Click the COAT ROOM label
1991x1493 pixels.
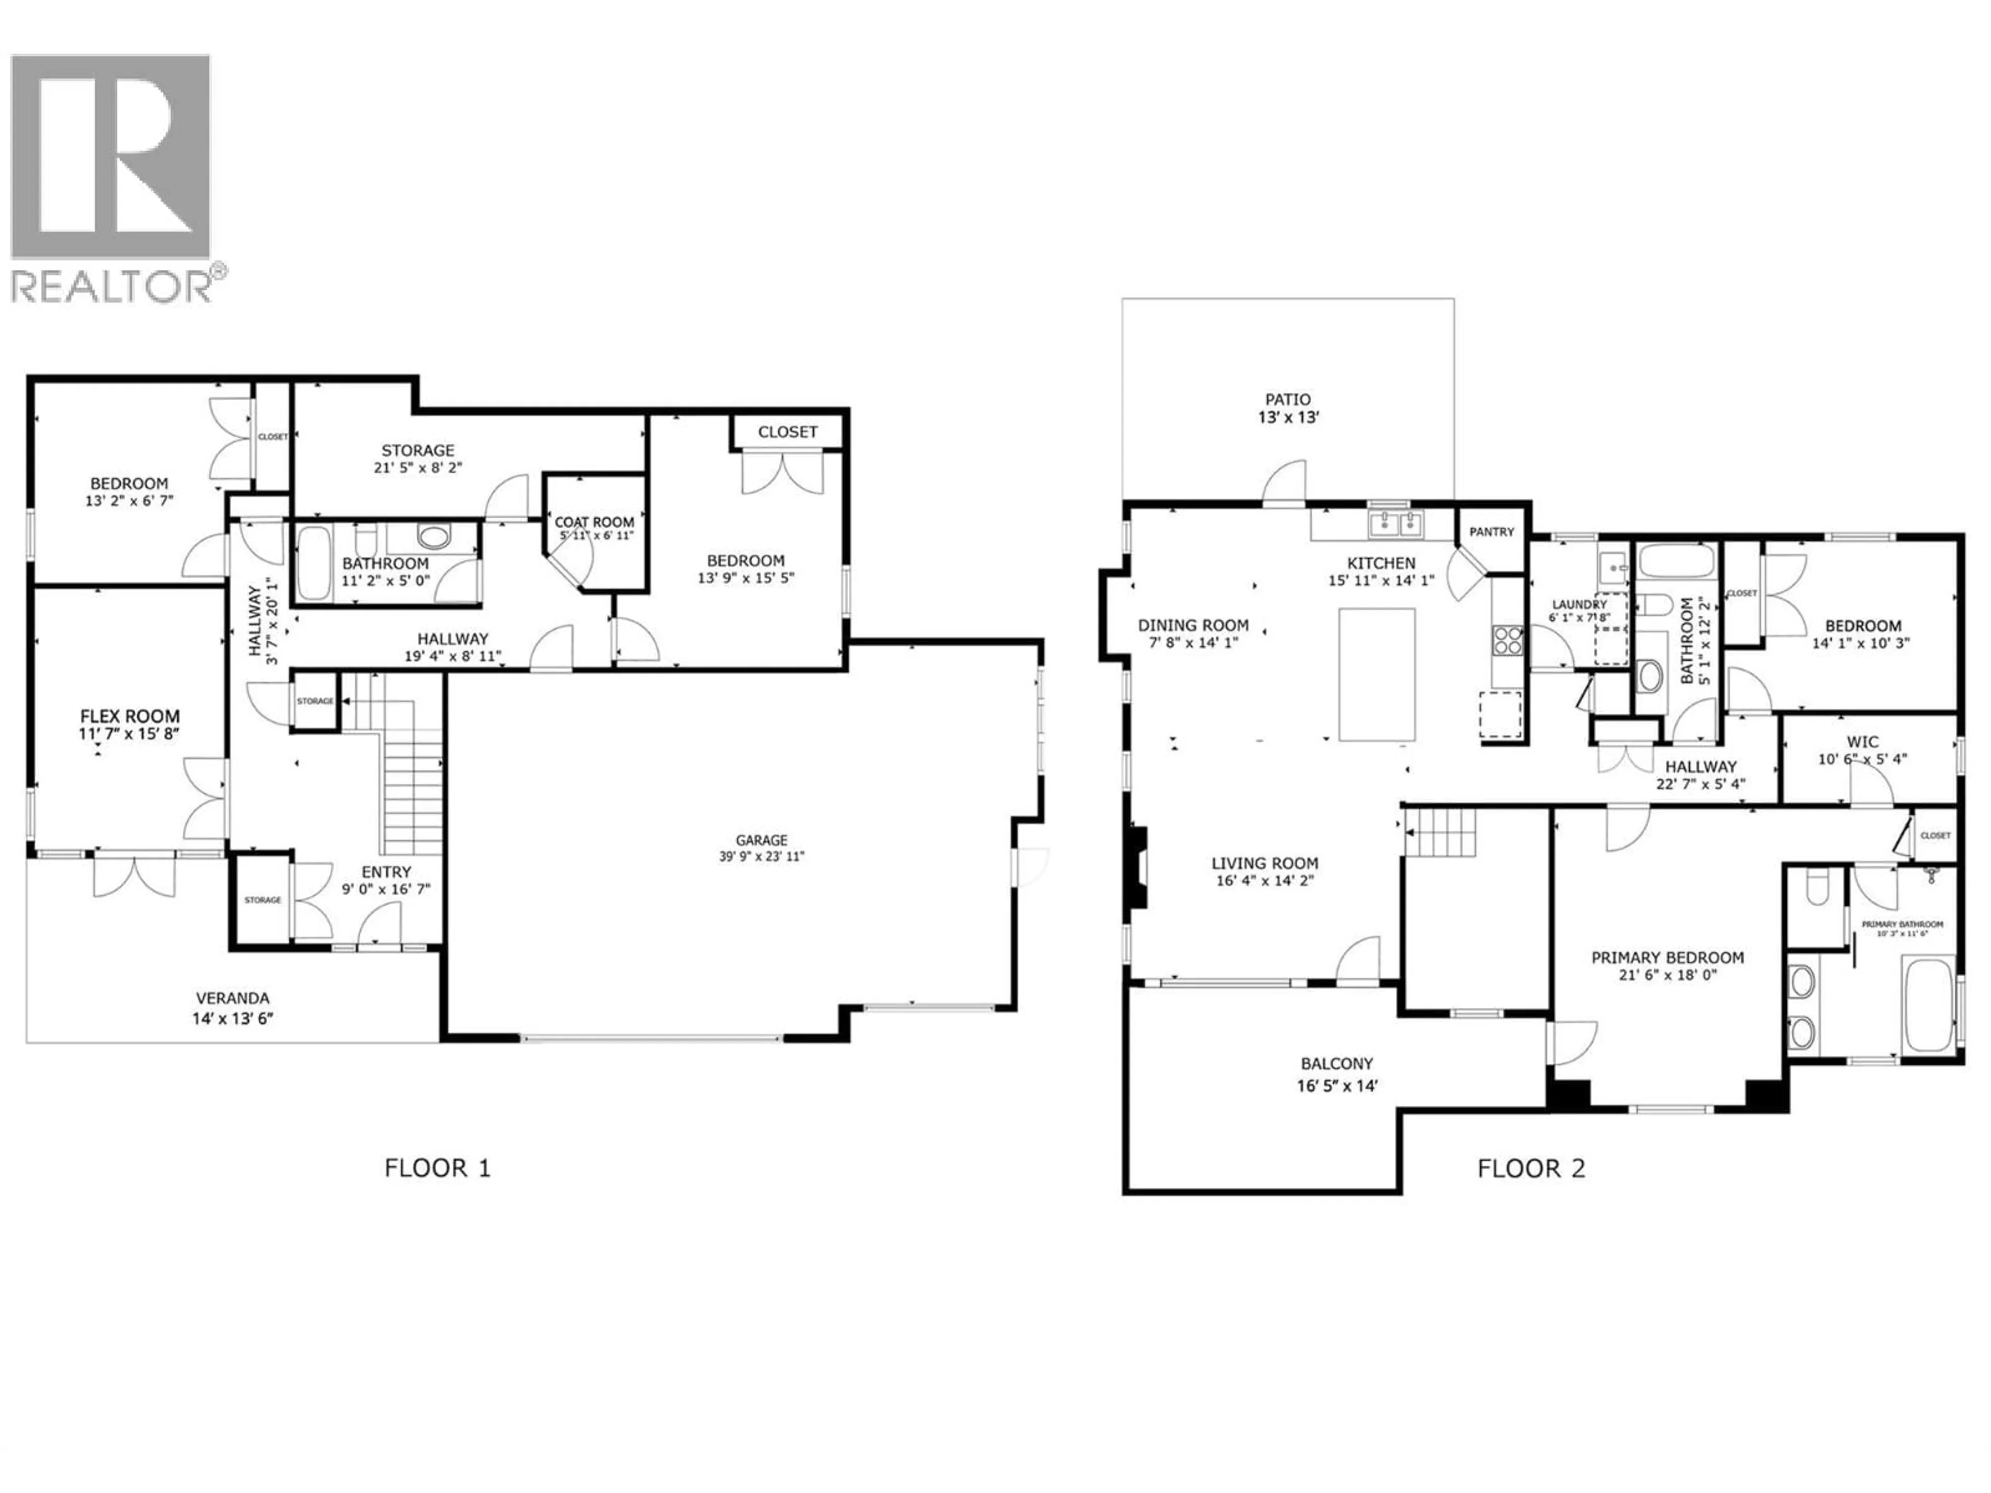click(594, 522)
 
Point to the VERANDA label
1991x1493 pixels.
click(233, 998)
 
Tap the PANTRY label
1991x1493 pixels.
click(1492, 532)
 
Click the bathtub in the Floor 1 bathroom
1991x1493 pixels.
click(314, 564)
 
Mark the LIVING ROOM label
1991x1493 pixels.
click(1265, 863)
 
